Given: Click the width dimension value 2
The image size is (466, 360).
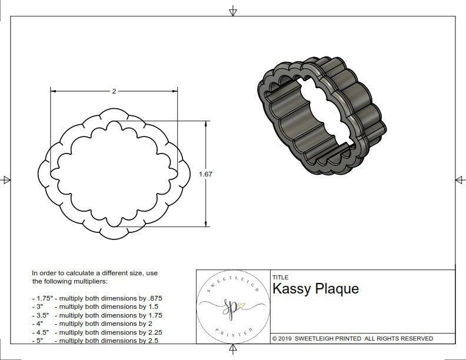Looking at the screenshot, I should point(114,91).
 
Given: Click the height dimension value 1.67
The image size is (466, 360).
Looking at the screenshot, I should point(205,174).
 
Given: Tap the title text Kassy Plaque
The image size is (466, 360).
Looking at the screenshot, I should point(315,289).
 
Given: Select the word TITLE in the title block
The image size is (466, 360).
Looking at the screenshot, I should point(280,277).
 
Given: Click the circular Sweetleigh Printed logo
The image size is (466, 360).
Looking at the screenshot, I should point(231,306).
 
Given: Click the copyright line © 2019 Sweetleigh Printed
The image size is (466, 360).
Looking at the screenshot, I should point(352,338).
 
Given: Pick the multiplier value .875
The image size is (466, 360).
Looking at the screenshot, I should point(155,298).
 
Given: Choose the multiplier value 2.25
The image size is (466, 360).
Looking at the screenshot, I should point(154,332).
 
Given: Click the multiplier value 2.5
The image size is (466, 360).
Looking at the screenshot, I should point(152,341).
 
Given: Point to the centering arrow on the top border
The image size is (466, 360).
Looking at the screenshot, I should point(233,11).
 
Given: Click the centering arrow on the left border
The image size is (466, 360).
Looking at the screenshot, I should point(6,180).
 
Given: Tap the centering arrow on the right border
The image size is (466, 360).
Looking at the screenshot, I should point(460,180).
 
